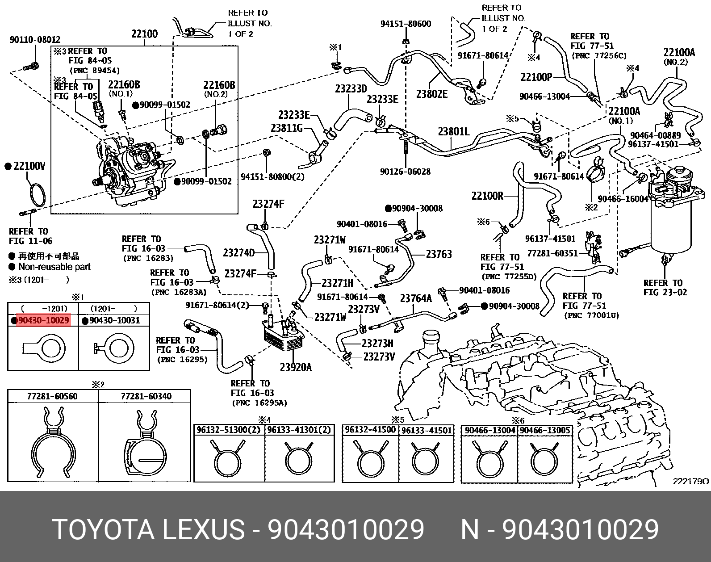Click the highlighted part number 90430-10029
(43, 320)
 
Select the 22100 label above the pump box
(144, 34)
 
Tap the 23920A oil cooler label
(296, 367)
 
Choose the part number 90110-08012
(35, 40)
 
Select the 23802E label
(431, 94)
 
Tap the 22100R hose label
(487, 196)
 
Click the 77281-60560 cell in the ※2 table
(52, 396)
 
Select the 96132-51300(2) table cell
(229, 430)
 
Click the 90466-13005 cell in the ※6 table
(545, 430)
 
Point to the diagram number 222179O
(690, 481)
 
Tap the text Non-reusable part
(54, 267)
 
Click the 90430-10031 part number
(115, 320)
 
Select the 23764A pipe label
(416, 298)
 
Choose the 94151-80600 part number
(406, 24)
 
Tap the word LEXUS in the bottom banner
(203, 530)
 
